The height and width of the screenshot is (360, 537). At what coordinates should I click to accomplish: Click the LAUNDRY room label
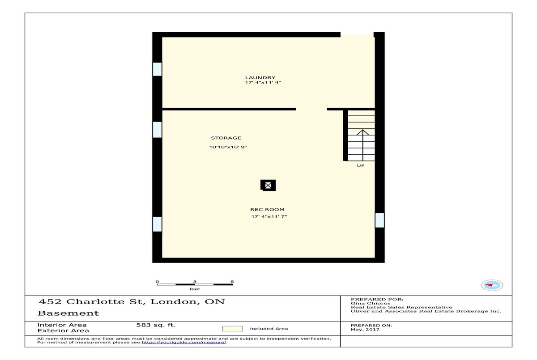tap(260, 78)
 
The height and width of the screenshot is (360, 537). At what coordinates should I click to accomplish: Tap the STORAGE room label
tap(226, 138)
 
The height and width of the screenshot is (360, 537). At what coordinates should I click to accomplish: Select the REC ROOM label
tap(267, 210)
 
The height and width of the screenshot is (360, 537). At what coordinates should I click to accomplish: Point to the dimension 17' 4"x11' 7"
tap(269, 216)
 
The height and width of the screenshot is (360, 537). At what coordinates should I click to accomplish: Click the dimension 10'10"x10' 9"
tap(228, 147)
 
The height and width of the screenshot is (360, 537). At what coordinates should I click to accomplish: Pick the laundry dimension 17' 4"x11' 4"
tap(263, 83)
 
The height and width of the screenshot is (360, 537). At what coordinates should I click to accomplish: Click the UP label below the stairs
tap(361, 166)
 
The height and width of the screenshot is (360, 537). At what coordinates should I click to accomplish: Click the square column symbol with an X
tap(268, 185)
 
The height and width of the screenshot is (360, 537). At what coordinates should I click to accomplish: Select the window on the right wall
tap(379, 220)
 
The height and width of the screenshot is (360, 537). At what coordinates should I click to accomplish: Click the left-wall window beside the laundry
tap(157, 69)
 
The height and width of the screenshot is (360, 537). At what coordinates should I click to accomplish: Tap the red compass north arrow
tap(489, 285)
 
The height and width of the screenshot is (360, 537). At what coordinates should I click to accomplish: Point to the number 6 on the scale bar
tap(232, 281)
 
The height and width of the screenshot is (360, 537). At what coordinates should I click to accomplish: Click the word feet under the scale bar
tap(195, 289)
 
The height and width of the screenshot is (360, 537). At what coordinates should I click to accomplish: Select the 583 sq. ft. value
tap(156, 325)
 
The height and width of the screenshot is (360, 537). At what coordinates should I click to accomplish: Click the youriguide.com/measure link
tap(184, 342)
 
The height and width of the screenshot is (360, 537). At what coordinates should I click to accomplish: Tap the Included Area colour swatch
tap(232, 329)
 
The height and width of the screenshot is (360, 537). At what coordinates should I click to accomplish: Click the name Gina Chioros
tap(371, 304)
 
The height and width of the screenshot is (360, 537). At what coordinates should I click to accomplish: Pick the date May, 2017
tap(365, 330)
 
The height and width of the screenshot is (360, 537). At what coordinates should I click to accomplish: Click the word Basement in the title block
tap(68, 313)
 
